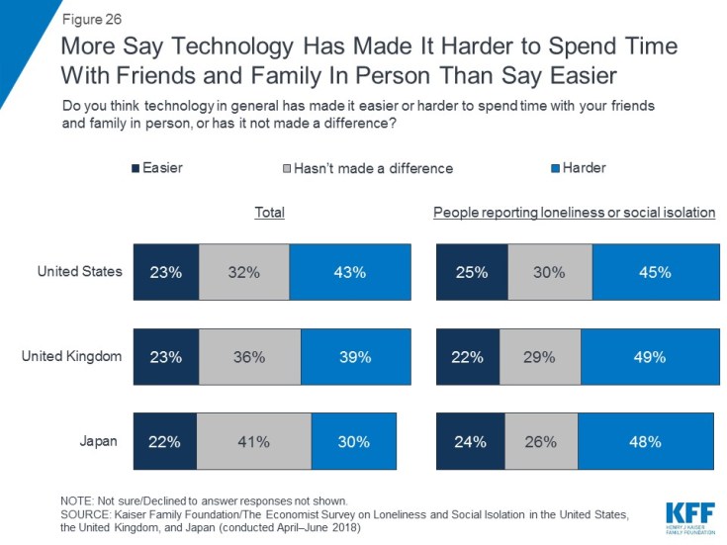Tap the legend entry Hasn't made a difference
pos(366,168)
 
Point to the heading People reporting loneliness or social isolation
pos(575,214)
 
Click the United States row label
pos(80,270)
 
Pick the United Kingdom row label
pos(72,356)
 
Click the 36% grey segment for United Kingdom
pos(250,357)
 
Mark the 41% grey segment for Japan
pos(253,442)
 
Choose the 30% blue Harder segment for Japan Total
pos(353,442)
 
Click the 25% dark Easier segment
pos(470,271)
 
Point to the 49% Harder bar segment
pos(647,357)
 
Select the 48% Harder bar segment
pos(645,442)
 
